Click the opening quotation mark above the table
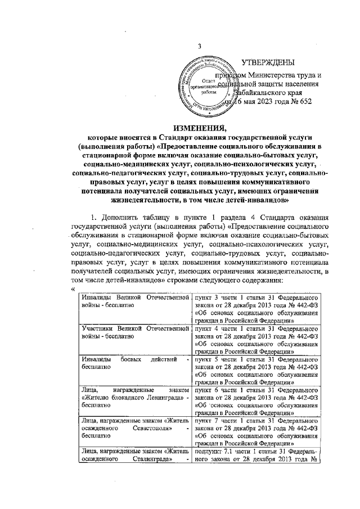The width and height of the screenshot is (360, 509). pos(74,289)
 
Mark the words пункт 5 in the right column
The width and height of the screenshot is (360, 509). pos(208,359)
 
